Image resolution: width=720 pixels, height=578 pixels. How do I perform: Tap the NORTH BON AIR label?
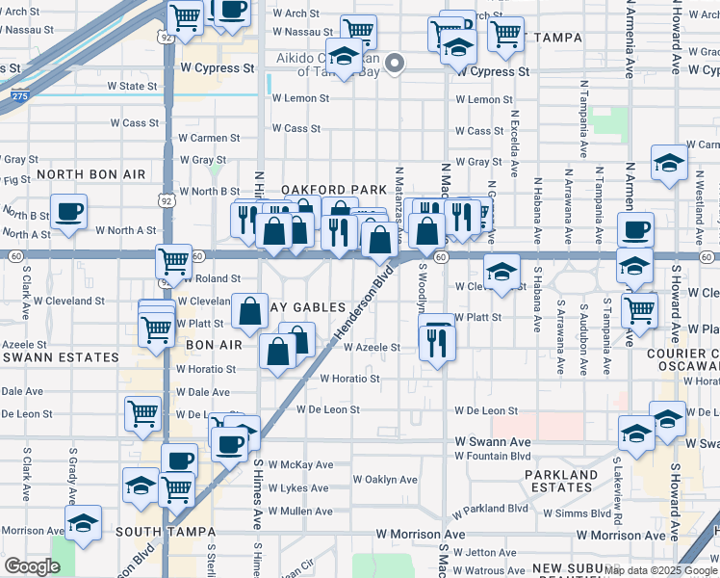(x=90, y=174)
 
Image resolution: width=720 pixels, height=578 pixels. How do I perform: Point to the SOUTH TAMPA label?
(x=158, y=531)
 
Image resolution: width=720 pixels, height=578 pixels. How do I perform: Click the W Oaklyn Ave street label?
(x=385, y=479)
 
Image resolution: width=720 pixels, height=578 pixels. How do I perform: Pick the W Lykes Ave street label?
(x=300, y=488)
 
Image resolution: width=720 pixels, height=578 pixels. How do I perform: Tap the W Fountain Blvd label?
(x=493, y=456)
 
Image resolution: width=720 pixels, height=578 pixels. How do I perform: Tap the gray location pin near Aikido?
(x=395, y=64)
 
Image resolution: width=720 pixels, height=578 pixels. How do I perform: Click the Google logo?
(x=31, y=566)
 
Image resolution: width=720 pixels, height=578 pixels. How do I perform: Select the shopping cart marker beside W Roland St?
(x=173, y=260)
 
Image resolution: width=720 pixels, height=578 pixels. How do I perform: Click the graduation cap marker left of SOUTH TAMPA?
(x=83, y=523)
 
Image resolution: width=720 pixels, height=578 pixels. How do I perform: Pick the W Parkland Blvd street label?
(x=495, y=508)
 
